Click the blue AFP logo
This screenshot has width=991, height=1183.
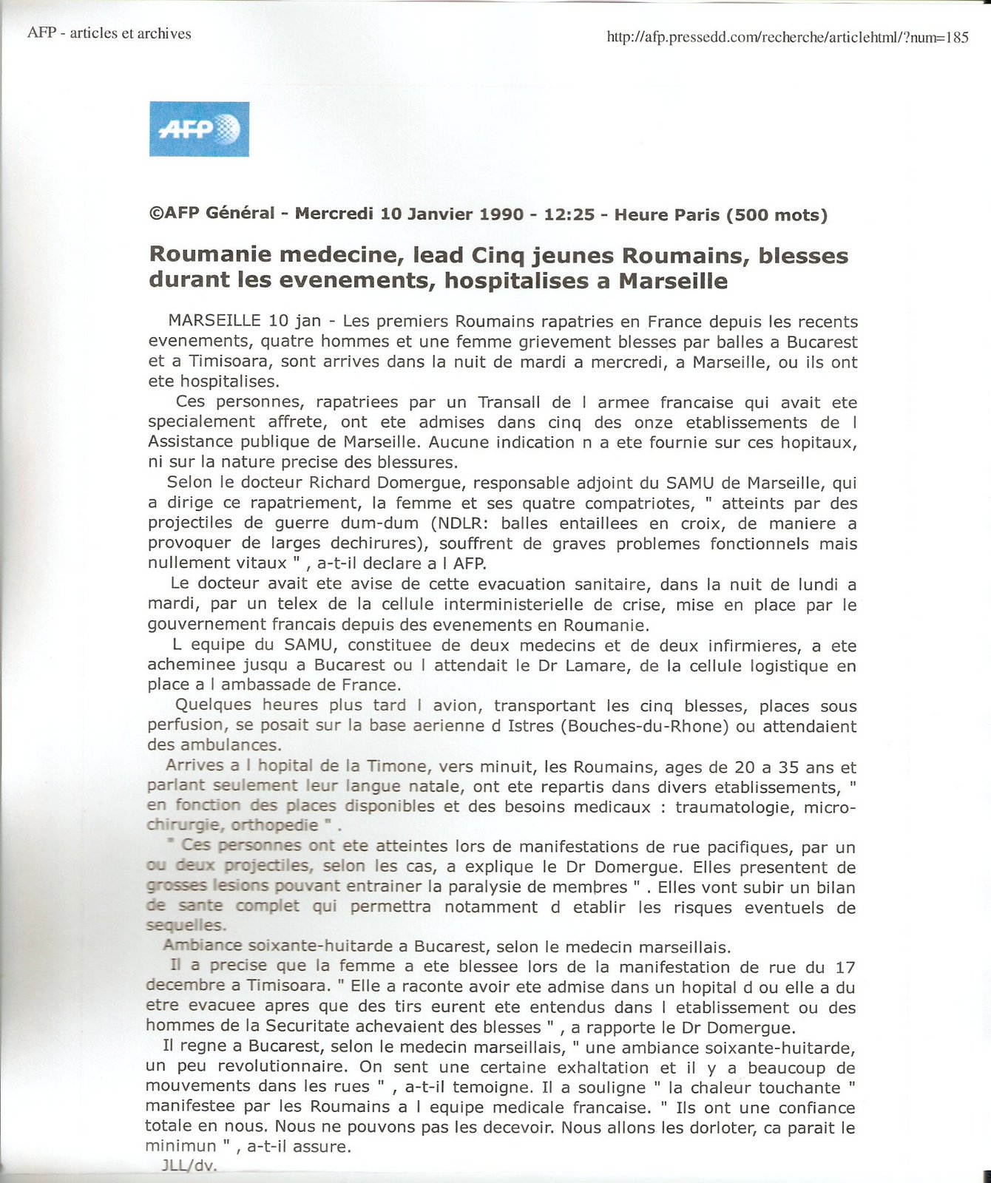[199, 129]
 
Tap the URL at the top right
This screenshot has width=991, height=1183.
[787, 37]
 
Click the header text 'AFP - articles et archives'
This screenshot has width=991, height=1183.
[109, 33]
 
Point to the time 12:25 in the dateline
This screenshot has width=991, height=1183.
[569, 214]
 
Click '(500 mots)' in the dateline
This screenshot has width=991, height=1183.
[777, 214]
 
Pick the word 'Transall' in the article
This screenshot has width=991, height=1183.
[510, 403]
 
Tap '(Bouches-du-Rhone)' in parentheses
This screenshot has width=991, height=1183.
[645, 726]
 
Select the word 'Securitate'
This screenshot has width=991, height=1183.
[307, 1027]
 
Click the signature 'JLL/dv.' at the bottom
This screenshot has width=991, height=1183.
[189, 1167]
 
